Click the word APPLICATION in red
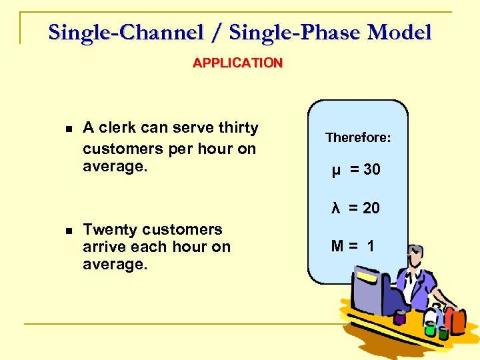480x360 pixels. coord(237,63)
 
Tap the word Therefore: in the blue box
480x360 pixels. coord(358,138)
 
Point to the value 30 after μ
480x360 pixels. coord(372,170)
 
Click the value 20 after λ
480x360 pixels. coord(371,209)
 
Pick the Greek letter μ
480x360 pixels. coord(337,171)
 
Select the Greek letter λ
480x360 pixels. coord(337,209)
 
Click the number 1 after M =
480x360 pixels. coord(370,247)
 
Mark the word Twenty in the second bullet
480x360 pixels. coord(107,230)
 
